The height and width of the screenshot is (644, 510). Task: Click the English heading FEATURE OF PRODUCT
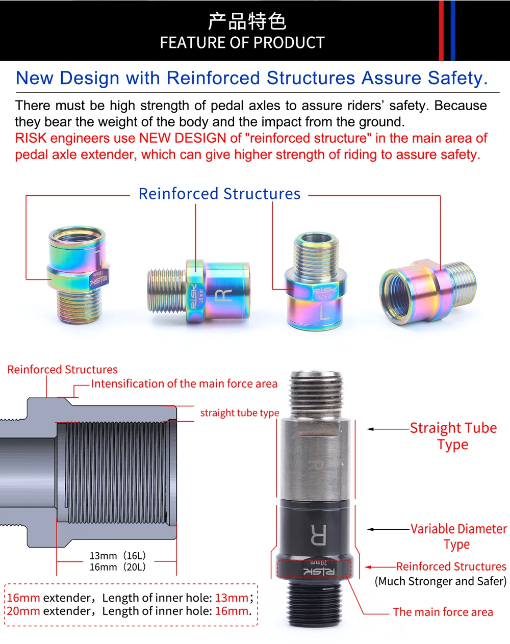[242, 43]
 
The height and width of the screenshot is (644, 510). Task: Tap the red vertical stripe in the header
[441, 31]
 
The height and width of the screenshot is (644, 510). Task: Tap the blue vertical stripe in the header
[453, 31]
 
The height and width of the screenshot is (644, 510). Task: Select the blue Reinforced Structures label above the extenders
[219, 194]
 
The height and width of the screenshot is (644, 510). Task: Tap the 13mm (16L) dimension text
[118, 556]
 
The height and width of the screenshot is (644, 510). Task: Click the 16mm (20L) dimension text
[118, 567]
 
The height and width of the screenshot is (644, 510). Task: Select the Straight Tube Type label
[453, 435]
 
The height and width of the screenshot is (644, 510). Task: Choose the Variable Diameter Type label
[458, 536]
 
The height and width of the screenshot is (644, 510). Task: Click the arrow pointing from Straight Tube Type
[388, 429]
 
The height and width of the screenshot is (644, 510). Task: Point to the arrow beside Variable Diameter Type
[388, 529]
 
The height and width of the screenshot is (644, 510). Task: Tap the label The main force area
[443, 612]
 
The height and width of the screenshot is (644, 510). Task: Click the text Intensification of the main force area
[184, 383]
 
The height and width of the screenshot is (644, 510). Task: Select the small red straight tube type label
[239, 413]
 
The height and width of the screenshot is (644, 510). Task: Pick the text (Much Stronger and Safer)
[441, 581]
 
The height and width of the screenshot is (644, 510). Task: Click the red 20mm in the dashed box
[23, 611]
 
